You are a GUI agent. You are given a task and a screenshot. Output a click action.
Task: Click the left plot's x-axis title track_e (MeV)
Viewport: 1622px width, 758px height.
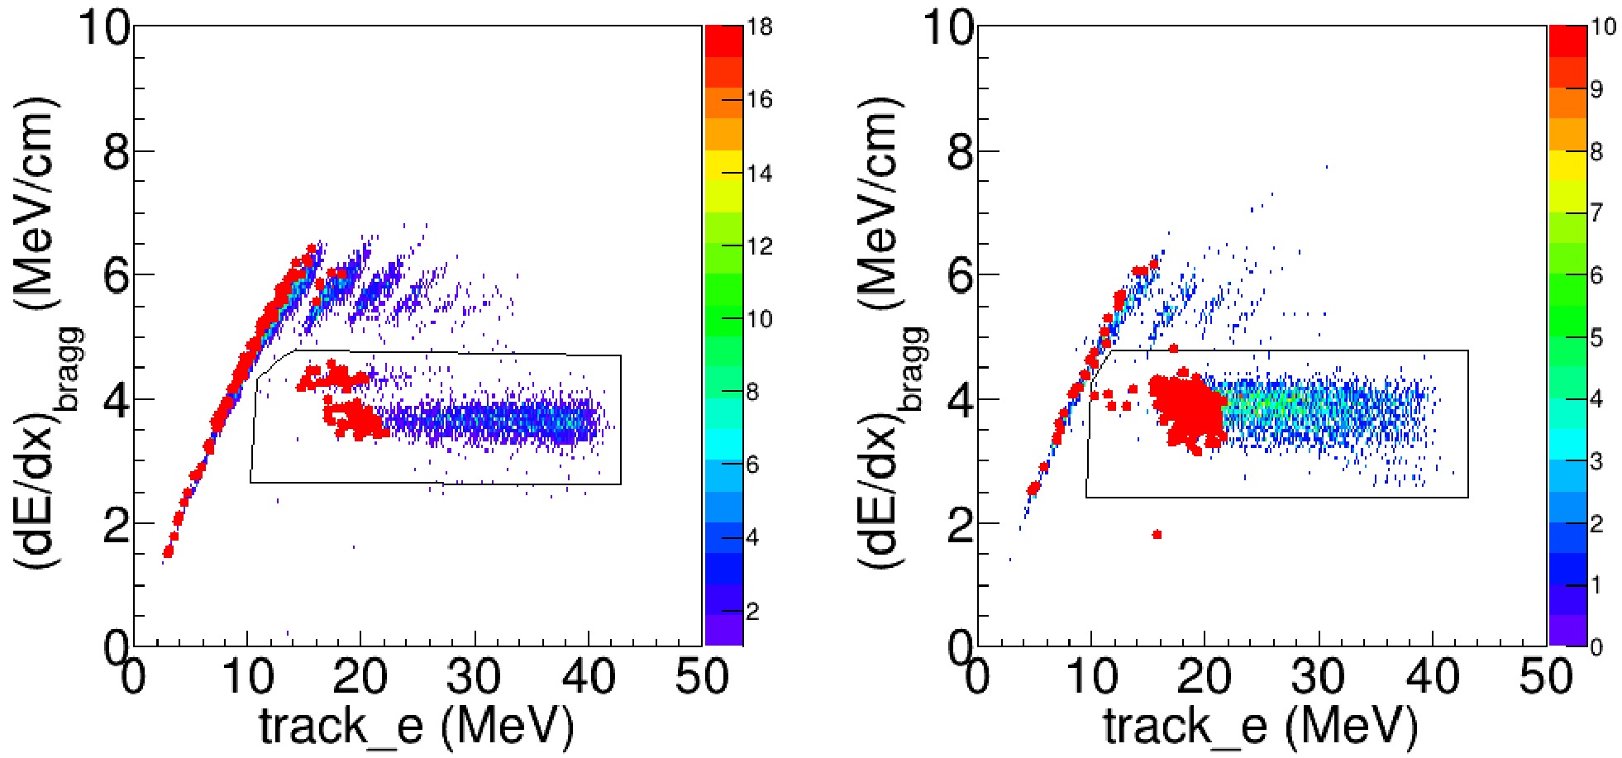click(x=416, y=727)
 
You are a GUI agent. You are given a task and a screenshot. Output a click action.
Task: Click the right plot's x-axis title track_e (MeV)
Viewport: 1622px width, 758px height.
click(x=1260, y=727)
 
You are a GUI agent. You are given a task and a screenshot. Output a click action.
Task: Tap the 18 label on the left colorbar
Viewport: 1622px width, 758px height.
click(x=759, y=27)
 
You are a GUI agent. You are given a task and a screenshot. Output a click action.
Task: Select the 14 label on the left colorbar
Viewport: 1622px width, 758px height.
click(x=759, y=174)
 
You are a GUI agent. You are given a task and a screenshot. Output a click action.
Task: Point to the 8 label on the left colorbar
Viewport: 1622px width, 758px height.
click(x=752, y=392)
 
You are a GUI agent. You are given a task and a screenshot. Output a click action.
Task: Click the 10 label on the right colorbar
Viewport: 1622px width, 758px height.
click(x=1603, y=27)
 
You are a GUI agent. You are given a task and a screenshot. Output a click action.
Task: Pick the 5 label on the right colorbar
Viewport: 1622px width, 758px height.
click(x=1596, y=338)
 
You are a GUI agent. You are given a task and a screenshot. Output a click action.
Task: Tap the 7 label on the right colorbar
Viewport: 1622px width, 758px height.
click(x=1596, y=213)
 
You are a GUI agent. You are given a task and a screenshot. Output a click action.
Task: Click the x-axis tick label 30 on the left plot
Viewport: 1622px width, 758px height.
click(x=474, y=678)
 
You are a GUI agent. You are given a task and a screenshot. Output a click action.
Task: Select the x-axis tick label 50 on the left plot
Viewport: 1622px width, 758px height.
click(x=702, y=678)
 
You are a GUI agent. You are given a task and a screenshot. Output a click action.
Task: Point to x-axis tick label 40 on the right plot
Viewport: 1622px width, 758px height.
click(x=1433, y=678)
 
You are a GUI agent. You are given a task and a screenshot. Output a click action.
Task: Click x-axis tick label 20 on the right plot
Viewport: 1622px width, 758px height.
click(x=1205, y=678)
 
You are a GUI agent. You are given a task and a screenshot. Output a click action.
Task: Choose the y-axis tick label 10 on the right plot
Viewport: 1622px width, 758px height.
click(x=948, y=29)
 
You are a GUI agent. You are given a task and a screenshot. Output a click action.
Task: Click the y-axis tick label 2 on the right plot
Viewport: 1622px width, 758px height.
click(x=961, y=524)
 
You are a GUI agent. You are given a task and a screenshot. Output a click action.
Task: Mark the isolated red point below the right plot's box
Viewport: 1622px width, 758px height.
click(x=1157, y=535)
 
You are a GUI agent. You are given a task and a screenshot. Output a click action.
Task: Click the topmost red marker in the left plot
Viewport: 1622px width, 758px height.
click(x=312, y=248)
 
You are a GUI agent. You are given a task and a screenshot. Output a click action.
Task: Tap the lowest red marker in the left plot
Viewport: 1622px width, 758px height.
click(x=168, y=551)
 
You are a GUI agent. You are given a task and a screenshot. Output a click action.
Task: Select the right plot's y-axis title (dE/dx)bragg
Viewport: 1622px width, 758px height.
click(x=892, y=331)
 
